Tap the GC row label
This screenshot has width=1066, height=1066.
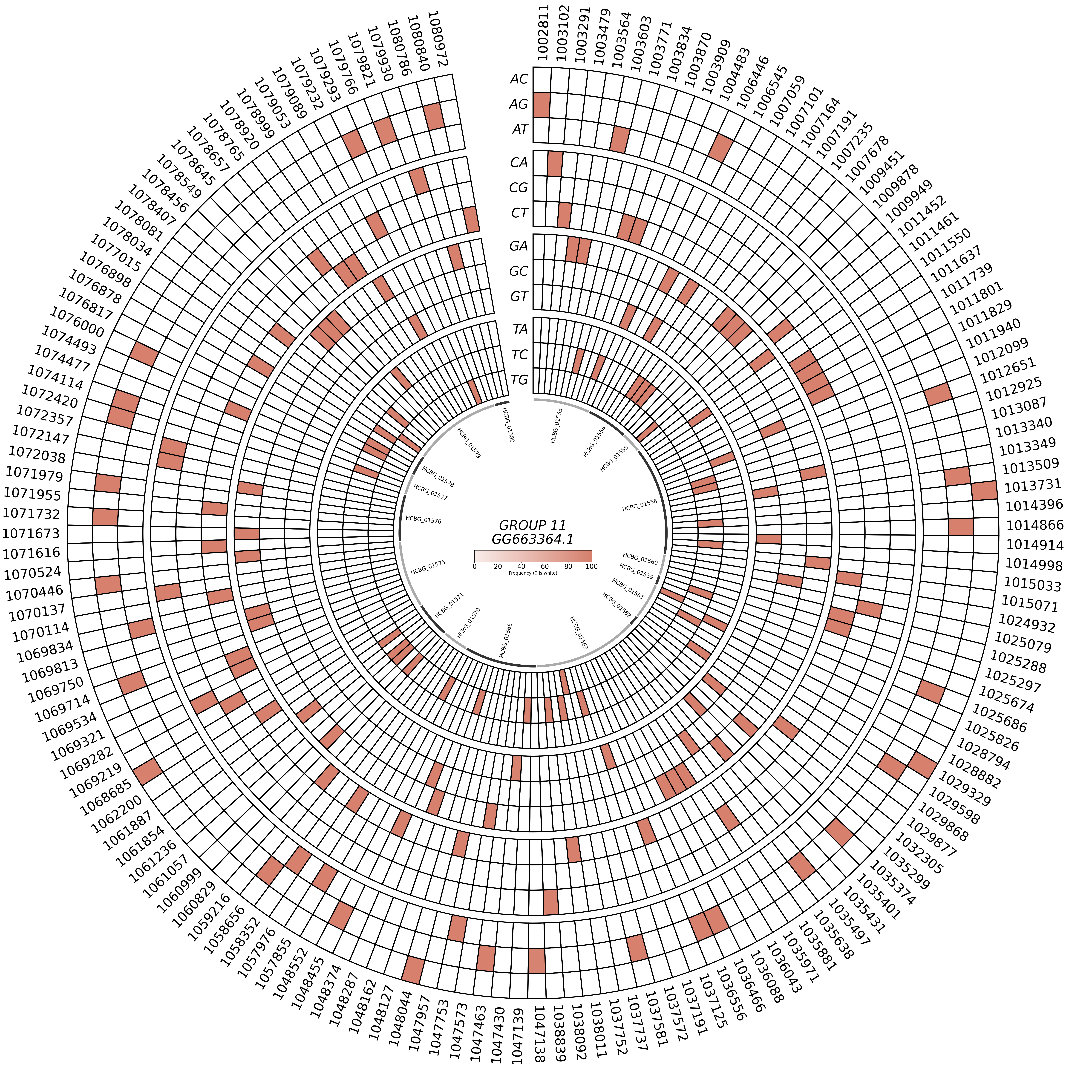[519, 271]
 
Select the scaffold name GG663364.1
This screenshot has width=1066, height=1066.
[532, 539]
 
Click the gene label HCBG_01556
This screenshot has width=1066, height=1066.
[640, 505]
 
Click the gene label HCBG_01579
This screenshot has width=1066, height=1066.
[469, 443]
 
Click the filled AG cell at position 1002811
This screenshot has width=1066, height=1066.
[542, 105]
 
